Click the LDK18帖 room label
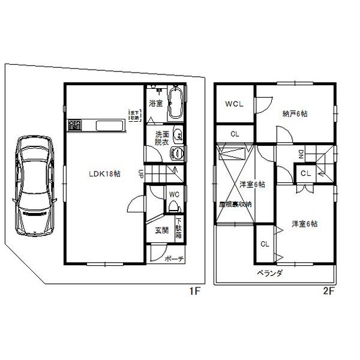[x=106, y=173]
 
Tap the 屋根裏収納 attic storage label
[x=235, y=204]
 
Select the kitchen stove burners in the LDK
[x=75, y=125]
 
